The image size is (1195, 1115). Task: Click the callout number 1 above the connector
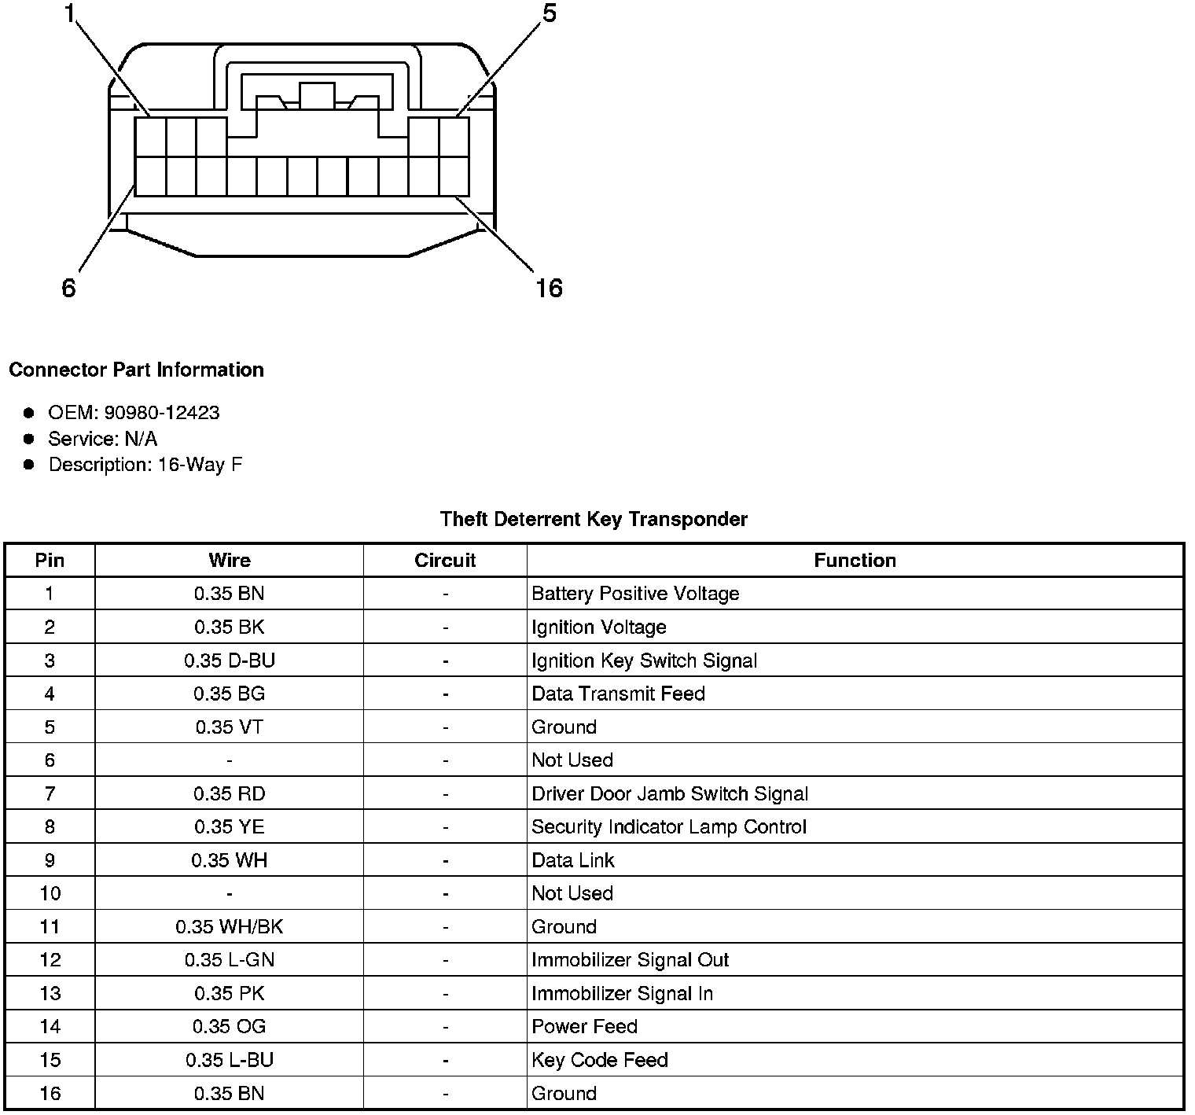(x=71, y=13)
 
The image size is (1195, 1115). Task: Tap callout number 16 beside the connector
(x=549, y=289)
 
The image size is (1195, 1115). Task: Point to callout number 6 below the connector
(x=68, y=289)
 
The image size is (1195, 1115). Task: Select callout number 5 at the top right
(x=549, y=13)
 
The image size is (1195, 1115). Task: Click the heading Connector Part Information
(x=136, y=370)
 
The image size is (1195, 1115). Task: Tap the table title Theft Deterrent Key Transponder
(x=594, y=519)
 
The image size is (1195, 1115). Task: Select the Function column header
(x=855, y=560)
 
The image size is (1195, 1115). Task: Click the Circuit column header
(x=445, y=560)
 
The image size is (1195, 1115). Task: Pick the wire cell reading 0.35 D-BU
(x=230, y=661)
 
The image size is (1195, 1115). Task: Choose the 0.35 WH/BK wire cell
(x=230, y=927)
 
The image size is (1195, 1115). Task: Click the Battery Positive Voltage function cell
(x=635, y=594)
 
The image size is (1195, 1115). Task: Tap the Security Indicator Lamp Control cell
(x=669, y=827)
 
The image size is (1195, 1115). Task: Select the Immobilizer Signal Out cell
(x=630, y=960)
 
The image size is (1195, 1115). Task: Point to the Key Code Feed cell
(x=600, y=1060)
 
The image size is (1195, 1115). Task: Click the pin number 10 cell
(x=50, y=893)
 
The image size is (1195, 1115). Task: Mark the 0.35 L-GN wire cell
(x=230, y=960)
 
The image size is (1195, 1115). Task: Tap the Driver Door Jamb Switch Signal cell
(x=670, y=793)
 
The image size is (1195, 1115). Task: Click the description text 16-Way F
(x=200, y=465)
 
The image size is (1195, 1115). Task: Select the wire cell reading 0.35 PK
(x=230, y=994)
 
